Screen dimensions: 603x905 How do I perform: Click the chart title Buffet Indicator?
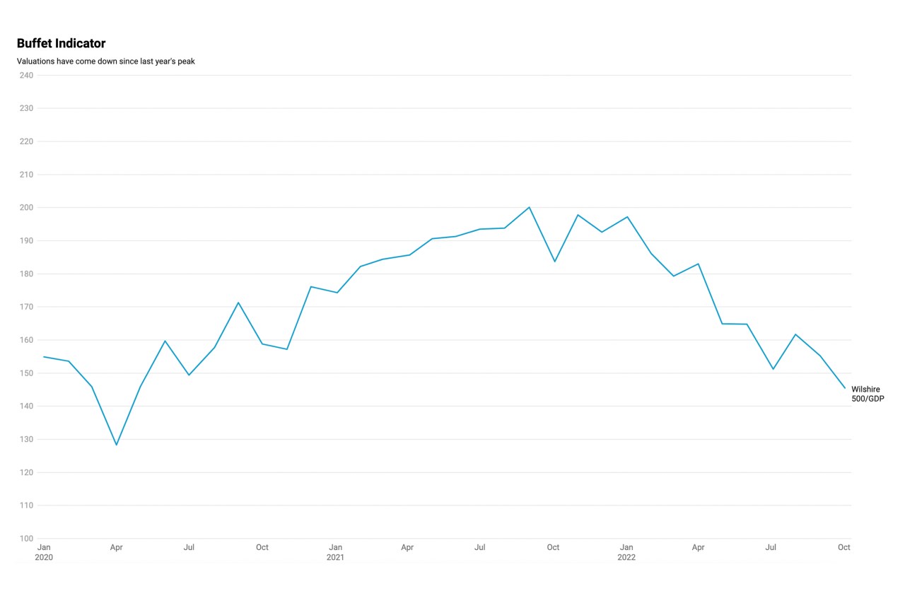pyautogui.click(x=61, y=44)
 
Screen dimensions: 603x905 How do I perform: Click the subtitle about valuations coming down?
pyautogui.click(x=105, y=62)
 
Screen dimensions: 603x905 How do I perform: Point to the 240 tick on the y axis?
pyautogui.click(x=26, y=75)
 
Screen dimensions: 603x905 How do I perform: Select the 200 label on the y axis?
pyautogui.click(x=26, y=207)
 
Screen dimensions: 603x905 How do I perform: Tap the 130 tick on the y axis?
pyautogui.click(x=26, y=439)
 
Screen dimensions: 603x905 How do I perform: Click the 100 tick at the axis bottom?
pyautogui.click(x=26, y=539)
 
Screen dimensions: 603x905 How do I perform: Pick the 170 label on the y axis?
pyautogui.click(x=26, y=307)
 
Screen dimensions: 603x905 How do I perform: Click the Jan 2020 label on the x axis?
pyautogui.click(x=44, y=552)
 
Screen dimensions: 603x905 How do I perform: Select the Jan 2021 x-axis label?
pyautogui.click(x=335, y=552)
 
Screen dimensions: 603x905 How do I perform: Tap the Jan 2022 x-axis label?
pyautogui.click(x=626, y=552)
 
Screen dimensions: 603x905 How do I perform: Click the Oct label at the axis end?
pyautogui.click(x=843, y=547)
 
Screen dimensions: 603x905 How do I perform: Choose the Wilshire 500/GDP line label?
pyautogui.click(x=868, y=394)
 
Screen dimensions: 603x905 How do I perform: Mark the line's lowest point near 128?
pyautogui.click(x=117, y=445)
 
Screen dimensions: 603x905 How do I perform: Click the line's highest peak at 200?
pyautogui.click(x=529, y=207)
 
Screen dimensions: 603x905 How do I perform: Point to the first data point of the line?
pyautogui.click(x=44, y=357)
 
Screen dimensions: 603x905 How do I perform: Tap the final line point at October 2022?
pyautogui.click(x=844, y=387)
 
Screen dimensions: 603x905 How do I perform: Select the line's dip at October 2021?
pyautogui.click(x=554, y=262)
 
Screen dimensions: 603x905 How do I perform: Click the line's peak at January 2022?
pyautogui.click(x=627, y=217)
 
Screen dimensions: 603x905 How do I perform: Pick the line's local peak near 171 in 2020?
pyautogui.click(x=238, y=303)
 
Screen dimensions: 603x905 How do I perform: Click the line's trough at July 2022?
pyautogui.click(x=773, y=369)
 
